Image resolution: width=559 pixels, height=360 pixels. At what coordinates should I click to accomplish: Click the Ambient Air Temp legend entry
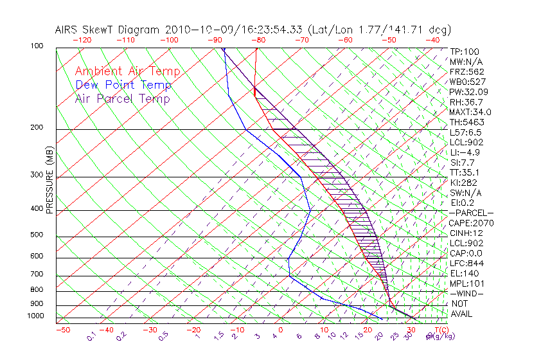point(127,71)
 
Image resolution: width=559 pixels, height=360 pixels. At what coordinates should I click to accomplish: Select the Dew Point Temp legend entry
point(123,85)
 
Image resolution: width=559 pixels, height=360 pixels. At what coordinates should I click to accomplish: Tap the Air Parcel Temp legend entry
point(122,98)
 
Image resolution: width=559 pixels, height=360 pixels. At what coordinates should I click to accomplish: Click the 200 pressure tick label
point(37,128)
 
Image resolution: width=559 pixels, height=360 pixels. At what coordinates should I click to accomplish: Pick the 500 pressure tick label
point(37,235)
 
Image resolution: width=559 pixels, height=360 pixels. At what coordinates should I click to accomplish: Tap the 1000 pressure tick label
point(35,316)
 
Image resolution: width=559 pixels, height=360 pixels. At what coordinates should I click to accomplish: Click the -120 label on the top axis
point(82,40)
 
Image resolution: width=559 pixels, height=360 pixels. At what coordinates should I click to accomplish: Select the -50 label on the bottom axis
point(62,330)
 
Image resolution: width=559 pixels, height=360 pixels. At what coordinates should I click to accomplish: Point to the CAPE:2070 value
point(471,223)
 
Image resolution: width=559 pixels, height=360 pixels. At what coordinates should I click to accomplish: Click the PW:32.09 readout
point(466,92)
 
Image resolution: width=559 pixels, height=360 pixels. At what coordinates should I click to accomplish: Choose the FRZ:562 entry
point(466,71)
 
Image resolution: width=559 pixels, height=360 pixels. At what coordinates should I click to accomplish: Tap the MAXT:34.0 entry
point(470,112)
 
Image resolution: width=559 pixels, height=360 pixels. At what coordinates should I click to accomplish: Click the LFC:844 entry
point(466,264)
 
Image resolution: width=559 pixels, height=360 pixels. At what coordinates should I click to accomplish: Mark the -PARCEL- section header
point(471,213)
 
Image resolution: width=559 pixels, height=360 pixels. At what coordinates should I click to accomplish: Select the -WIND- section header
point(466,293)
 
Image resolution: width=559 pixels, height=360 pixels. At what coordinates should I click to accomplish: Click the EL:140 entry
point(465,273)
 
